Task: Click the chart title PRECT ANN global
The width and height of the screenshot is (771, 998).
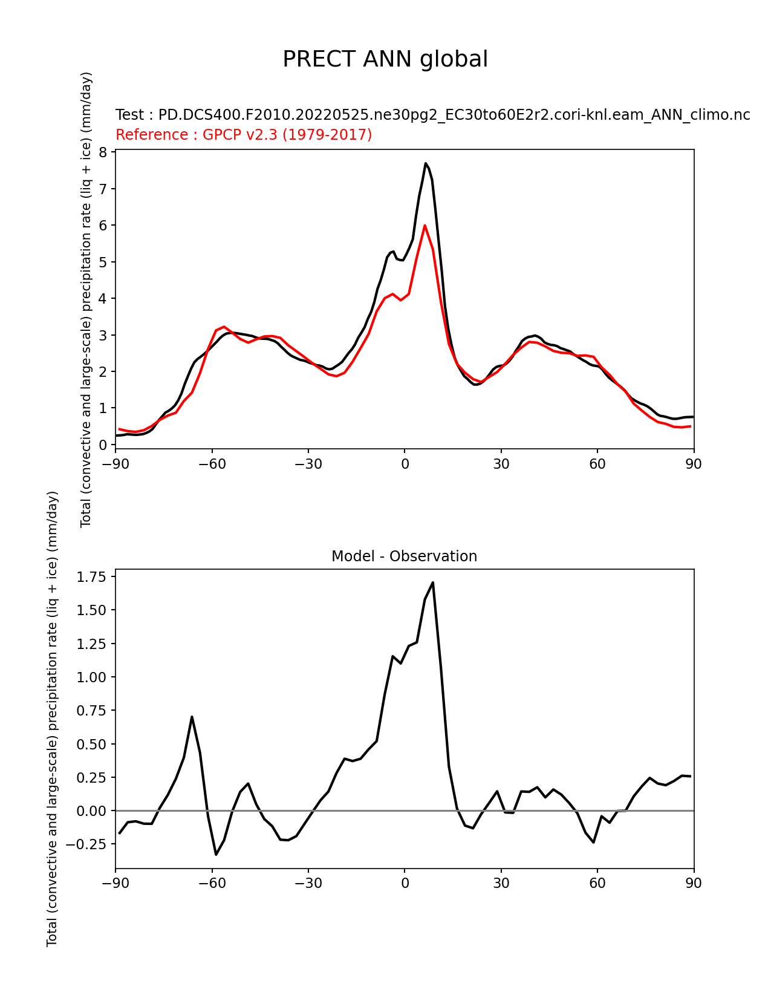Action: tap(385, 59)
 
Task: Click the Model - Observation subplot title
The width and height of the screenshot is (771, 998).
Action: tap(404, 556)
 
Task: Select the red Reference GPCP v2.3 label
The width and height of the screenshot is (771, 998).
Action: tap(243, 134)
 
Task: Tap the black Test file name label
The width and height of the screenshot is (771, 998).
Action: tap(432, 115)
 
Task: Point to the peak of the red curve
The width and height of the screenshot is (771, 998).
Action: tap(425, 225)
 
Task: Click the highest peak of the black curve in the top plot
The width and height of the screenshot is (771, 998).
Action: tap(426, 163)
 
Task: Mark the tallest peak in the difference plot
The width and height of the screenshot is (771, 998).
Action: tap(432, 582)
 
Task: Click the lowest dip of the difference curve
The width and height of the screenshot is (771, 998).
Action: tap(216, 854)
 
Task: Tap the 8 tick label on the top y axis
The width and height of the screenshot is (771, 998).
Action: tap(103, 152)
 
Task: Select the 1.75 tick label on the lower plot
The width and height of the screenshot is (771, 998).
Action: tap(91, 577)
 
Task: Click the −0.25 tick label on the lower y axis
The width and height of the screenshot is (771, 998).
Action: tap(86, 844)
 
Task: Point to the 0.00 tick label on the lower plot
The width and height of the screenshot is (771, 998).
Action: tap(91, 810)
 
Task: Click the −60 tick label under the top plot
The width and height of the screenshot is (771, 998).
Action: tap(212, 464)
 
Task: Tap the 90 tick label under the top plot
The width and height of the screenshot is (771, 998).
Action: tap(694, 464)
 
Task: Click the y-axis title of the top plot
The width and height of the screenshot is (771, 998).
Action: tap(86, 299)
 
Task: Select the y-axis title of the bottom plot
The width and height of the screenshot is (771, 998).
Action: tap(52, 719)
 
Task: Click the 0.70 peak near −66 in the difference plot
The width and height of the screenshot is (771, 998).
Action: tap(192, 717)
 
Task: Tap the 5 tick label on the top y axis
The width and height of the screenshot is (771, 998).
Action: tap(103, 262)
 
